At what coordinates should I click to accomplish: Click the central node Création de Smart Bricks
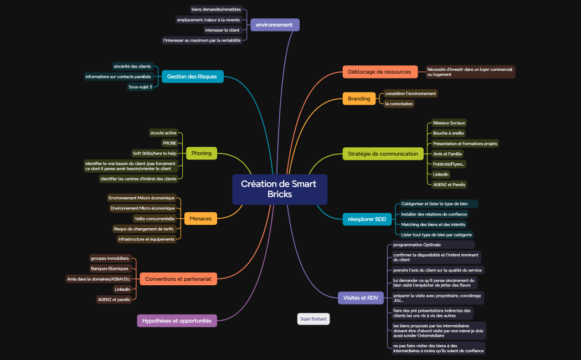point(280,189)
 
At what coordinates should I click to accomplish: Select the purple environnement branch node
point(275,25)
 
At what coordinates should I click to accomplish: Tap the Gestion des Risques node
point(193,76)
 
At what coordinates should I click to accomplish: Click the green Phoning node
point(202,153)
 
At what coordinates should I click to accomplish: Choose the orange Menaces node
point(200,219)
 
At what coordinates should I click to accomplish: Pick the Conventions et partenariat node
point(178,279)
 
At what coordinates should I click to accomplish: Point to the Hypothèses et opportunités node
point(177,321)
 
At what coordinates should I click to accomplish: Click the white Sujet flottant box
point(313,319)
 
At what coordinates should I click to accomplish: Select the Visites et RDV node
point(361,298)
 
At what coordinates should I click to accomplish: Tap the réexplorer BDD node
point(367,219)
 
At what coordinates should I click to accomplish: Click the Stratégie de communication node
point(383,154)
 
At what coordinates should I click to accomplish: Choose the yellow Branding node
point(359,99)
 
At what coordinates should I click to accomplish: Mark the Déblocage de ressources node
point(380,72)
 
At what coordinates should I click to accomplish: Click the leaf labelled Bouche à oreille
point(448,133)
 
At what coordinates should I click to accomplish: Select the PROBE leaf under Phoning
point(169,143)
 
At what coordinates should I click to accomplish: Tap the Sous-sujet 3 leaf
point(140,87)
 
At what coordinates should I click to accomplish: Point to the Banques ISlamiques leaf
point(110,269)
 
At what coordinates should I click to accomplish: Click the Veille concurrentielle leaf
point(155,219)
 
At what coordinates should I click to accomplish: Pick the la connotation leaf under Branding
point(399,104)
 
